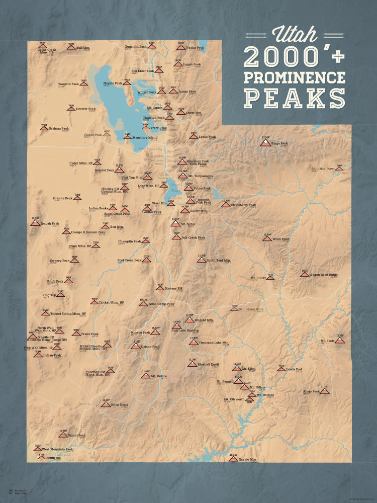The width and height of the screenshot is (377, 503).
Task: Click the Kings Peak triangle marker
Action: coord(264,143)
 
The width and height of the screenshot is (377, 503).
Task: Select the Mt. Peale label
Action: coord(328,341)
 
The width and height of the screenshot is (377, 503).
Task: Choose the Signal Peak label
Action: coord(77,436)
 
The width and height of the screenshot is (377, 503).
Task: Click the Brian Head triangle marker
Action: coord(106,404)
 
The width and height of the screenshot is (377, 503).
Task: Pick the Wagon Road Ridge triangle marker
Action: coord(305,275)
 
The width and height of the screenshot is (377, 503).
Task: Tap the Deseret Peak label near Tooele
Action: coord(105,170)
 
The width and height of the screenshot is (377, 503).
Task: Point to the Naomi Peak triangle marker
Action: coord(181,48)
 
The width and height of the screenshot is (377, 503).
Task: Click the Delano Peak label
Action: coord(150,347)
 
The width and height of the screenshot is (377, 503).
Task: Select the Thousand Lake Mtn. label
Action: coord(214,343)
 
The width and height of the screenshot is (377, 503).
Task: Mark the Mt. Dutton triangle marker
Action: coord(146,376)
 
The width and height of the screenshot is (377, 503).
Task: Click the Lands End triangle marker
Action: coord(281,369)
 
